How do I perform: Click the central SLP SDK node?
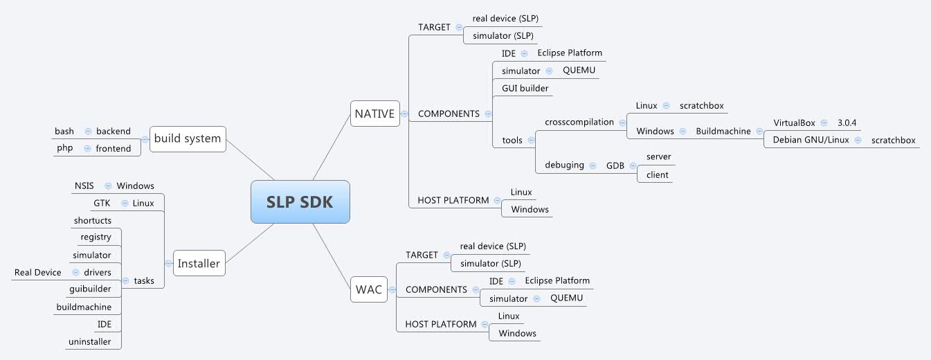[300, 201]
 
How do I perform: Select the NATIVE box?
[374, 114]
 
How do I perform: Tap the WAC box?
[368, 289]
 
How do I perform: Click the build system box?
[187, 138]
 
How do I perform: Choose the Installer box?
[199, 263]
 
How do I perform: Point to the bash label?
[64, 131]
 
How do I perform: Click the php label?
[64, 148]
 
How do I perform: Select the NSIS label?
[84, 186]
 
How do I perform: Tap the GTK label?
[102, 203]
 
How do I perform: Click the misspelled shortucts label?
[92, 220]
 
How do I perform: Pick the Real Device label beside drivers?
[37, 272]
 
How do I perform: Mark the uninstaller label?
[89, 341]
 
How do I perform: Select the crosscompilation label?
[579, 122]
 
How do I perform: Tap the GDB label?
[615, 165]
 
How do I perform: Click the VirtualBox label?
[794, 123]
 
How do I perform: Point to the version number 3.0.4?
[847, 123]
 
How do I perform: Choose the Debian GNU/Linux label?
[810, 140]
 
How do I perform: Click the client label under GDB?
[657, 174]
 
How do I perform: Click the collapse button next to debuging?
[593, 165]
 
